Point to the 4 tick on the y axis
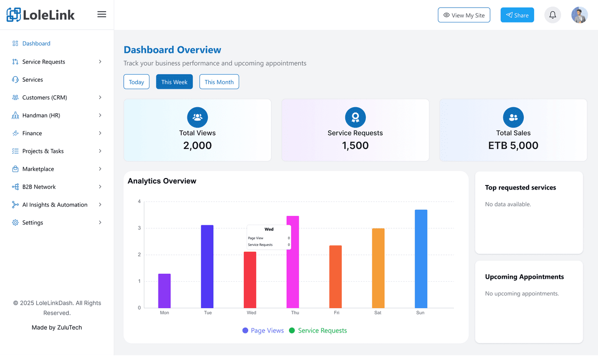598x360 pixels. (139, 201)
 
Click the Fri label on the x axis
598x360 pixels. (337, 313)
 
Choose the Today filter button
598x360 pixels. (137, 82)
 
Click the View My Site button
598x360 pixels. (464, 15)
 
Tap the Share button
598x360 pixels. (517, 15)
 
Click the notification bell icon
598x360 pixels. (553, 15)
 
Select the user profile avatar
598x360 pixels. (580, 15)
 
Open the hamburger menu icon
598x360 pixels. (102, 14)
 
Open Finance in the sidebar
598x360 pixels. (32, 133)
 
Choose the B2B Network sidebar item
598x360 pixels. (39, 187)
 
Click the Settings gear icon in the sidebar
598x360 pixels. (15, 222)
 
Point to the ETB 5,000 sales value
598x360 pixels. (513, 146)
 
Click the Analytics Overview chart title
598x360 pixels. (162, 181)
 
